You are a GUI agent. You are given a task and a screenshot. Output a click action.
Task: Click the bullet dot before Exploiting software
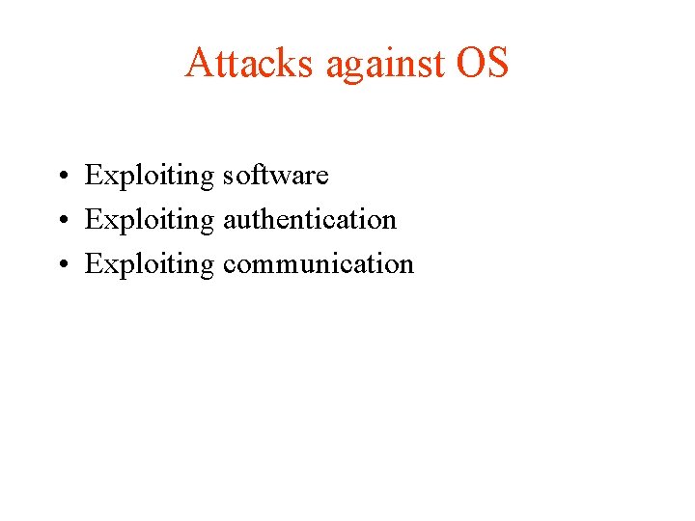tap(60, 177)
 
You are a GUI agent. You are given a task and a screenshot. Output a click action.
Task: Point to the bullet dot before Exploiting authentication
tap(60, 221)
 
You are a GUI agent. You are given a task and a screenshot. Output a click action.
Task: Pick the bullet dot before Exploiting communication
tap(60, 265)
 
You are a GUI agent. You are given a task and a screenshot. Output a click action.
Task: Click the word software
tap(276, 176)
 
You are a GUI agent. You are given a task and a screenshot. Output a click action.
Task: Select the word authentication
tap(310, 220)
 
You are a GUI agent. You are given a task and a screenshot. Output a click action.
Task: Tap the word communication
tap(319, 264)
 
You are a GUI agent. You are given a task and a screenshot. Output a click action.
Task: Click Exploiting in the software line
tap(150, 176)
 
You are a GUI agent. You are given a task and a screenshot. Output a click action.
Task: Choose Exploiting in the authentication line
tap(150, 220)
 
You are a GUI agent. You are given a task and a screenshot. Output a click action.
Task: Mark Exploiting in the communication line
tap(150, 264)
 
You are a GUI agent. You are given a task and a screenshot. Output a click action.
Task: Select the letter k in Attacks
tap(287, 64)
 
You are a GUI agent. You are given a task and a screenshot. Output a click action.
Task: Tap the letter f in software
tap(255, 175)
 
